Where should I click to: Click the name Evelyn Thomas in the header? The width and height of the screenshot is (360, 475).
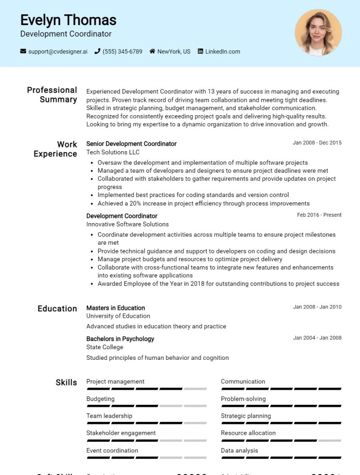(x=68, y=20)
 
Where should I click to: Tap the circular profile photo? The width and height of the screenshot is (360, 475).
(x=318, y=32)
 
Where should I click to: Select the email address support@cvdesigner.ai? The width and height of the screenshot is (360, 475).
(x=58, y=52)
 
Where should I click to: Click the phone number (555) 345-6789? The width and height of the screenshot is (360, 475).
(x=122, y=52)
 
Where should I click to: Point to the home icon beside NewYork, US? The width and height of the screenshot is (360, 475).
(x=153, y=51)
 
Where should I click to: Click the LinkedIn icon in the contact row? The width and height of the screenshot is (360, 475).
(x=201, y=51)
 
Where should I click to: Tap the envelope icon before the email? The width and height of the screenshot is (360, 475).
(x=23, y=51)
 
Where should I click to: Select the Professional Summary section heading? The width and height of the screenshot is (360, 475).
(x=52, y=95)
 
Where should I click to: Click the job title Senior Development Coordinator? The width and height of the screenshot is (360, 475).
(x=131, y=144)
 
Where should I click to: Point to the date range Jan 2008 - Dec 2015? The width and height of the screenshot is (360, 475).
(x=317, y=143)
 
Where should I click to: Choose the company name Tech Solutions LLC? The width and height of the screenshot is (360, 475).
(x=113, y=152)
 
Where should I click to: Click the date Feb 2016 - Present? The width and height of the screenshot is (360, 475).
(x=319, y=215)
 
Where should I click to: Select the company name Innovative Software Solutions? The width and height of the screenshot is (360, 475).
(x=127, y=224)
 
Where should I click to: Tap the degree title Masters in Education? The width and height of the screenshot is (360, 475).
(x=116, y=308)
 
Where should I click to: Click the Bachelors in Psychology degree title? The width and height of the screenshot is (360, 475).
(x=120, y=339)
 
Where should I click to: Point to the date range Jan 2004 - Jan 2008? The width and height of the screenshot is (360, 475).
(x=317, y=338)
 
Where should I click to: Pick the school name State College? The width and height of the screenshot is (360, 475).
(x=104, y=347)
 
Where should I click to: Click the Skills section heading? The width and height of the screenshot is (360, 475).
(x=66, y=382)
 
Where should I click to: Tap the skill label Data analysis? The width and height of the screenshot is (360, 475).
(x=239, y=450)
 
